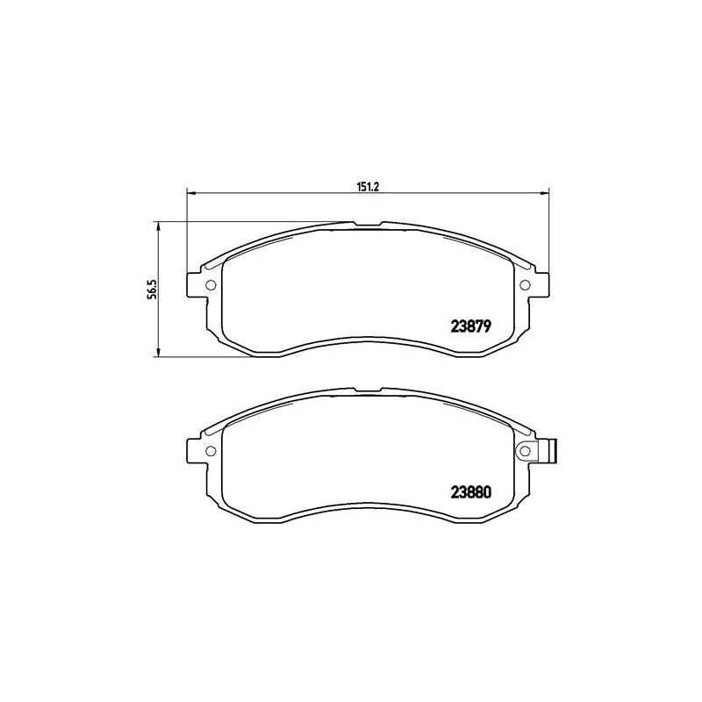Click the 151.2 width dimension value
click(x=366, y=186)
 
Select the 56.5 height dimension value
click(x=151, y=289)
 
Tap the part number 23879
click(x=469, y=323)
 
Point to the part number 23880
click(x=469, y=491)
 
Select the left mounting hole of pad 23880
click(x=210, y=451)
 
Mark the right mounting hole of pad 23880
click(x=526, y=451)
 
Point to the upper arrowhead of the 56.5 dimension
click(x=158, y=226)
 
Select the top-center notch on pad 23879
click(x=367, y=226)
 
